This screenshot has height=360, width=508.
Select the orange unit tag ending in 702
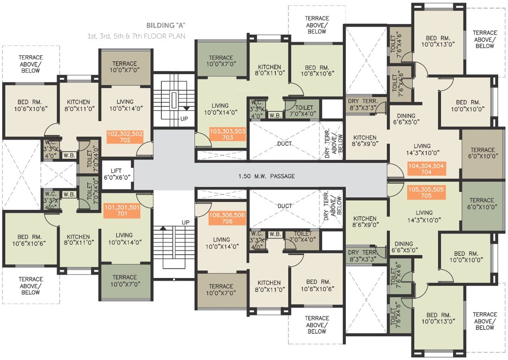pos(124,136)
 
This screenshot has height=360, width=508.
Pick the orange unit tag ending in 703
pos(227,135)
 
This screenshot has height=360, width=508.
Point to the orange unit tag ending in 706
pos(227,218)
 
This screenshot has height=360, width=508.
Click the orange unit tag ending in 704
pos(426,169)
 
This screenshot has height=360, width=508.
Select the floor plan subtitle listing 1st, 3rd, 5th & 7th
pos(136,36)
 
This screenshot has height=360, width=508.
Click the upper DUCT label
pos(284,143)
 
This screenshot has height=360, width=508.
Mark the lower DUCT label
pos(284,206)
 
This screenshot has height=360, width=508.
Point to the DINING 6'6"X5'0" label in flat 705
pos(404,247)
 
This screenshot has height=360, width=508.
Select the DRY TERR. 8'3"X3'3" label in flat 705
pos(364,255)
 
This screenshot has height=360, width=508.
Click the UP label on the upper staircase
pos(184,119)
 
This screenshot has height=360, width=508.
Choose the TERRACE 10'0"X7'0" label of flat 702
pos(124,67)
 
